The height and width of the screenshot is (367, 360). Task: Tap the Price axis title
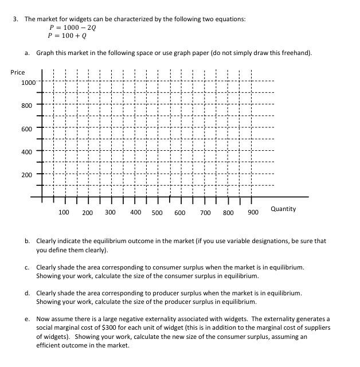[18, 72]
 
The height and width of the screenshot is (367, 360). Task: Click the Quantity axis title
[283, 209]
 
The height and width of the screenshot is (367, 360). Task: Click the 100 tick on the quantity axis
[64, 212]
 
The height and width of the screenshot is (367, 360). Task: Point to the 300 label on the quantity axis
[110, 212]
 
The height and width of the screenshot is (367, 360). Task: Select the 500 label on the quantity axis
[156, 213]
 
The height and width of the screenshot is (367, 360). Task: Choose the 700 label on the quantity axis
[205, 213]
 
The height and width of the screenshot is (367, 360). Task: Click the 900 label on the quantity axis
[253, 213]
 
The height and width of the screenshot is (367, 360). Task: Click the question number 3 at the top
[15, 19]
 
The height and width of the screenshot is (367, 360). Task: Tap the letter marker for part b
[28, 241]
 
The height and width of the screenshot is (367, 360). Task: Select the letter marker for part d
[28, 293]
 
